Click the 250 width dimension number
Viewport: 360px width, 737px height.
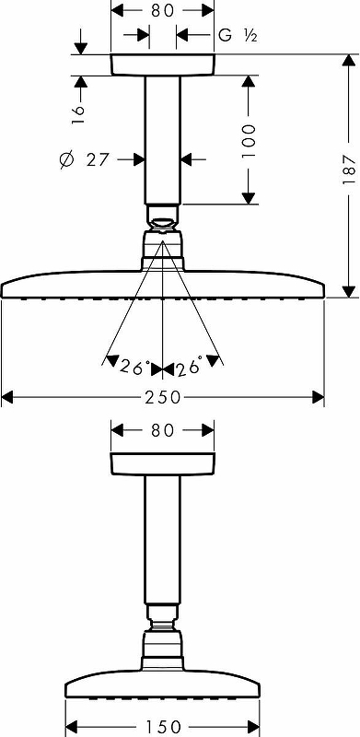tap(163, 398)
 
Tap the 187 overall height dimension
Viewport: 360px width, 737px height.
tap(349, 170)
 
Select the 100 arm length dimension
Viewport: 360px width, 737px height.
tap(249, 141)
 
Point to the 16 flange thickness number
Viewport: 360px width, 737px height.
tap(78, 114)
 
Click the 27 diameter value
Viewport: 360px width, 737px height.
tap(98, 159)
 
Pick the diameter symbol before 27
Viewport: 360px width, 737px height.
tap(66, 160)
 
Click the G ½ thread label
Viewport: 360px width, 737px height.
tap(238, 35)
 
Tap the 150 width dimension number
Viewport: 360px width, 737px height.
tap(163, 727)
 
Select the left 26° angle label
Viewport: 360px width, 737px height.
tap(134, 366)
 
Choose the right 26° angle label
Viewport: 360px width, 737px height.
tap(190, 366)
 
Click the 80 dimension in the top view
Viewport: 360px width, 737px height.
tap(163, 10)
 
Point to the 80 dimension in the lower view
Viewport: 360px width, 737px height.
tap(163, 430)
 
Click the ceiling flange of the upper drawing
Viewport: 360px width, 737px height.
tap(163, 64)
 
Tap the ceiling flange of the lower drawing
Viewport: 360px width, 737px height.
tap(163, 463)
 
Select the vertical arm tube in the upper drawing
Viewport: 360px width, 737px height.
tap(163, 140)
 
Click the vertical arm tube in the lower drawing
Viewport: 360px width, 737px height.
tap(163, 539)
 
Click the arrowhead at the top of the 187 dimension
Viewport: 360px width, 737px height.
tap(349, 62)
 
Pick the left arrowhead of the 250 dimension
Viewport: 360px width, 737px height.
tap(9, 398)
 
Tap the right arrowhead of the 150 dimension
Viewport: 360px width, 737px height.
tap(253, 727)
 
